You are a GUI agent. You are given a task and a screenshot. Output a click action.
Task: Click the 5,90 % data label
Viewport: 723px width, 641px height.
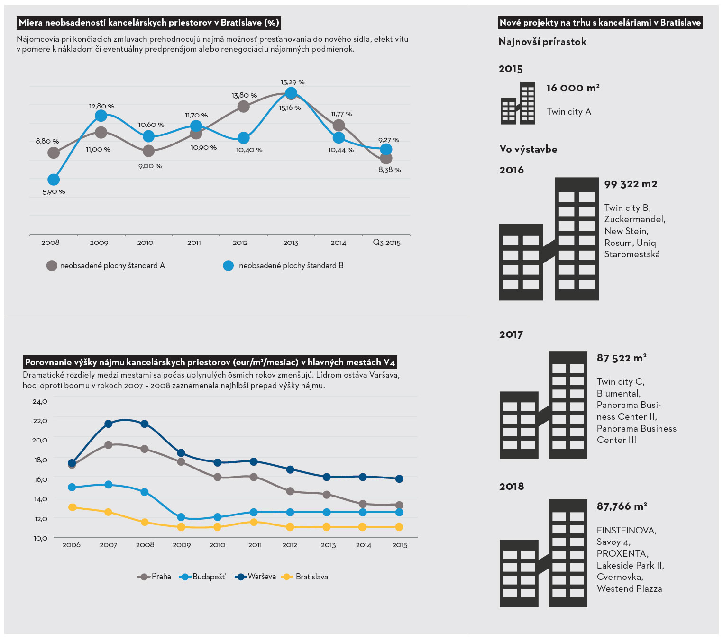[x=54, y=192]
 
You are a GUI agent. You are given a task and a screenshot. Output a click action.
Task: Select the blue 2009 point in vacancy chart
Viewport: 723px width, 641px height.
[x=101, y=116]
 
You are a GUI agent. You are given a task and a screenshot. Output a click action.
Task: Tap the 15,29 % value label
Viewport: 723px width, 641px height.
[x=293, y=82]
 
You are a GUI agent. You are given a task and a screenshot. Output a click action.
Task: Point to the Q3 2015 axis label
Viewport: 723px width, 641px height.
[x=386, y=243]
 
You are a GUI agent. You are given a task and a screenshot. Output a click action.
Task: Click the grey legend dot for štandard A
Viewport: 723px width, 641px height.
[x=52, y=266]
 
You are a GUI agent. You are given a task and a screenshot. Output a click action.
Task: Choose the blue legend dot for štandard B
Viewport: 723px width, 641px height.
[x=229, y=266]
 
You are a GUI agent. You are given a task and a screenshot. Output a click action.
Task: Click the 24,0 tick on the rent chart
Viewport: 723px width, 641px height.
[x=40, y=402]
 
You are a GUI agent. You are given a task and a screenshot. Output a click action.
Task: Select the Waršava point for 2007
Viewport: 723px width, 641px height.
[x=108, y=424]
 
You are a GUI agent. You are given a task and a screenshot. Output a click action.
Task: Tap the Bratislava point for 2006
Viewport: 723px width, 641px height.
[x=72, y=507]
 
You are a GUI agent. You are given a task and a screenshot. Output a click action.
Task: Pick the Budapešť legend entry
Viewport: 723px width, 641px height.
[x=202, y=577]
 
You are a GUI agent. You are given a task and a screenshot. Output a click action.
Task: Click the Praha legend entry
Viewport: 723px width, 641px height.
[x=155, y=577]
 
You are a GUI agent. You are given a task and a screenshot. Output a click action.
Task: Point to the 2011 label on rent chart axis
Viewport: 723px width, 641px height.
[x=255, y=545]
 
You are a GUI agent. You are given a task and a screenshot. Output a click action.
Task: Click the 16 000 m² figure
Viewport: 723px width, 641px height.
[x=573, y=88]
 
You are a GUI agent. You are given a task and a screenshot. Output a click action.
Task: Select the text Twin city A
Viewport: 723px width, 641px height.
[x=569, y=112]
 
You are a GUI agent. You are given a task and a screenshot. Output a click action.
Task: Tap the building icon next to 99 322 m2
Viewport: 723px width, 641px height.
[x=549, y=239]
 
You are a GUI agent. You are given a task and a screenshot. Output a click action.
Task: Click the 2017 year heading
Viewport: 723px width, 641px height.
[x=511, y=335]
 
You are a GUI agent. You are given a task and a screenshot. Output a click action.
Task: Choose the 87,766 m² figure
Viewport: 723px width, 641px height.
[x=622, y=506]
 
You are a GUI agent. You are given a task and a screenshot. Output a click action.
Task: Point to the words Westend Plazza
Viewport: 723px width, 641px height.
[x=629, y=589]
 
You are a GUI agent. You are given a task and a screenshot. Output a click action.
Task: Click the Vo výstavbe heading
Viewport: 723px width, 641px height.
[x=528, y=149]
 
